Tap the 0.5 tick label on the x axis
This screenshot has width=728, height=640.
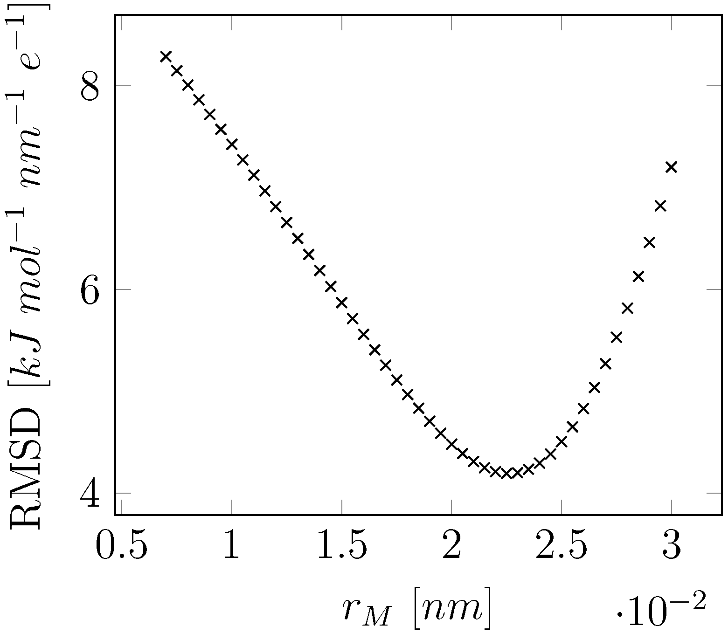coord(122,545)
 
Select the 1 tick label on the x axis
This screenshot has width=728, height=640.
coord(232,545)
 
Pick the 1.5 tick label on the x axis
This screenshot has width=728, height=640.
coord(342,545)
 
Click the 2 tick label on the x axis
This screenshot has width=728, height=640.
coord(451,545)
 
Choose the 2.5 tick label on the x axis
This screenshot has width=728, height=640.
coord(562,545)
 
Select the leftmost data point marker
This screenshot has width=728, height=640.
coord(166,56)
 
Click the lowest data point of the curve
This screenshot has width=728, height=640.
coord(506,474)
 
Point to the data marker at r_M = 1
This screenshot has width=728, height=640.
coord(232,144)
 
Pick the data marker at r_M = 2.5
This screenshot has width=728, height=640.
coord(562,441)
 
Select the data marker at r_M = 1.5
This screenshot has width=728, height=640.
coord(342,303)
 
